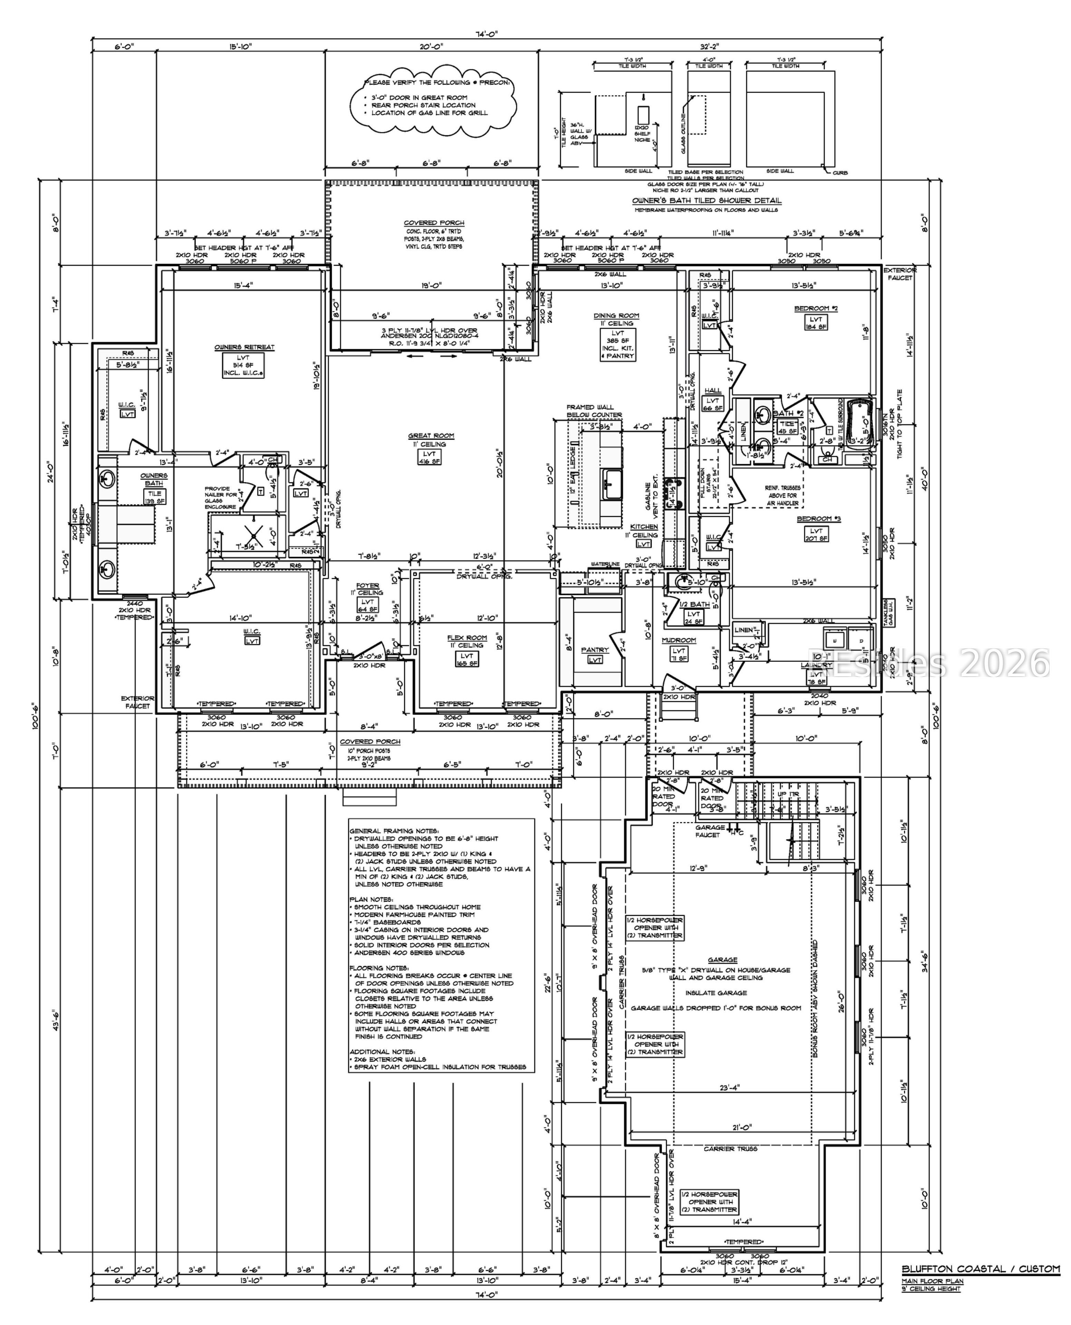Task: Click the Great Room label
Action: (431, 435)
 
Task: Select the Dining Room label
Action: (616, 316)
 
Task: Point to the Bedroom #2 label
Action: (816, 308)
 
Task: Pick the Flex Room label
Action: (467, 638)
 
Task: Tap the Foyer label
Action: (368, 586)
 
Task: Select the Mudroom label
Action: (679, 640)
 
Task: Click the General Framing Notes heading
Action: (393, 831)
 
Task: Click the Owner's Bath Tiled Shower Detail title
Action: (707, 200)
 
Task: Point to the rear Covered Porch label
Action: (434, 223)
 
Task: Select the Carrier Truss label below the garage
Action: (730, 1149)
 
